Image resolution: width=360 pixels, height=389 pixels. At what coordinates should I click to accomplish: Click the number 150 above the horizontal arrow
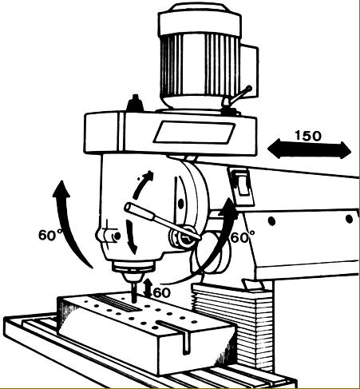(308, 136)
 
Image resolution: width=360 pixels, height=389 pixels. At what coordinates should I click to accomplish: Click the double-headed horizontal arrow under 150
(309, 149)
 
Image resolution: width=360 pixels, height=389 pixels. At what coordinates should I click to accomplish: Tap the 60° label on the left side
(50, 235)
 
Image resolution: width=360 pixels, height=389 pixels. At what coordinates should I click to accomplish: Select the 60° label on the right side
(243, 237)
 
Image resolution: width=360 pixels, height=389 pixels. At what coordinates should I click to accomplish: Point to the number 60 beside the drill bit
(162, 293)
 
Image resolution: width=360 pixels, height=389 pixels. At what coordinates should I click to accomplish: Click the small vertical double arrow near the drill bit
(148, 288)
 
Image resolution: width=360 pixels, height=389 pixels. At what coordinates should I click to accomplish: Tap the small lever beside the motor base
(237, 96)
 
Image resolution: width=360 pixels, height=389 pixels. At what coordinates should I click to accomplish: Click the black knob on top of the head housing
(135, 103)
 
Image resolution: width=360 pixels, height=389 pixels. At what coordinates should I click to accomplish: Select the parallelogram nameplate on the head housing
(194, 133)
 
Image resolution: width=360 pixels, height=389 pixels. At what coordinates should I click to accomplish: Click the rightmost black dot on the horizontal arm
(349, 220)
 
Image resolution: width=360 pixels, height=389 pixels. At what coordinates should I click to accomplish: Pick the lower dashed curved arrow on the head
(130, 237)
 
